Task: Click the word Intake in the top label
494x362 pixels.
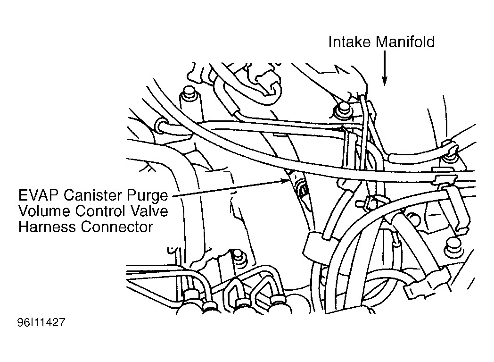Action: pos(350,42)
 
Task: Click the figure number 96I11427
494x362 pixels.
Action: pos(41,322)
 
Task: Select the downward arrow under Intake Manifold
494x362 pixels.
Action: pos(384,68)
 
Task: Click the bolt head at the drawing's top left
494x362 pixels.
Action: pos(188,92)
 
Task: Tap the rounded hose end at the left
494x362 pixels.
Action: pos(161,125)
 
